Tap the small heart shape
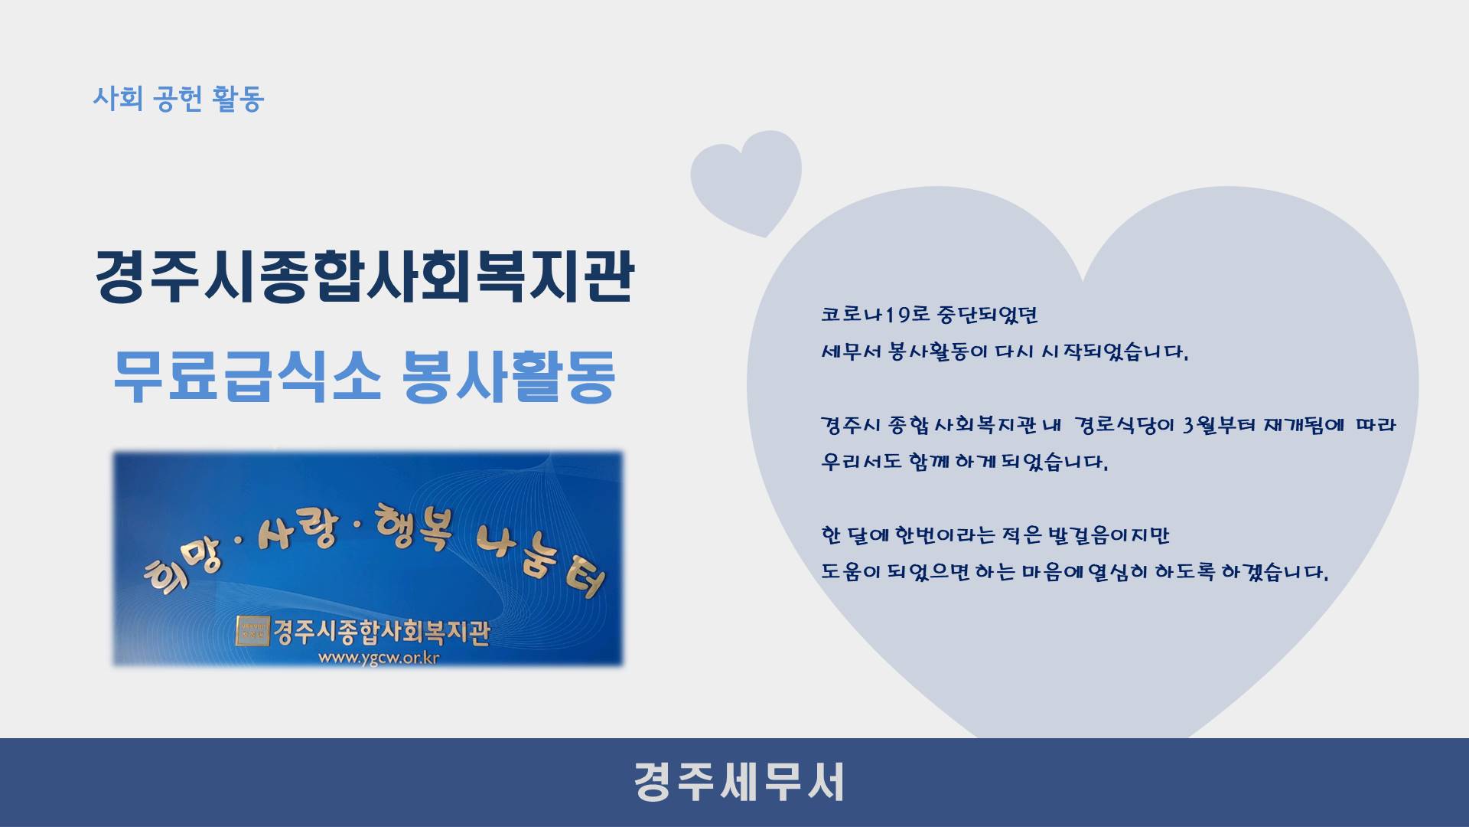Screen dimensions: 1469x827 tap(746, 181)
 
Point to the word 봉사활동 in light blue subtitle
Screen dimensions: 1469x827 tap(509, 376)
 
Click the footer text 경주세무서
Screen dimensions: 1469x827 tap(739, 782)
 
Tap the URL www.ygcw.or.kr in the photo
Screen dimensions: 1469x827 tap(378, 658)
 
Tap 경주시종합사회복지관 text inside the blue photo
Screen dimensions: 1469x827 tap(381, 633)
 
